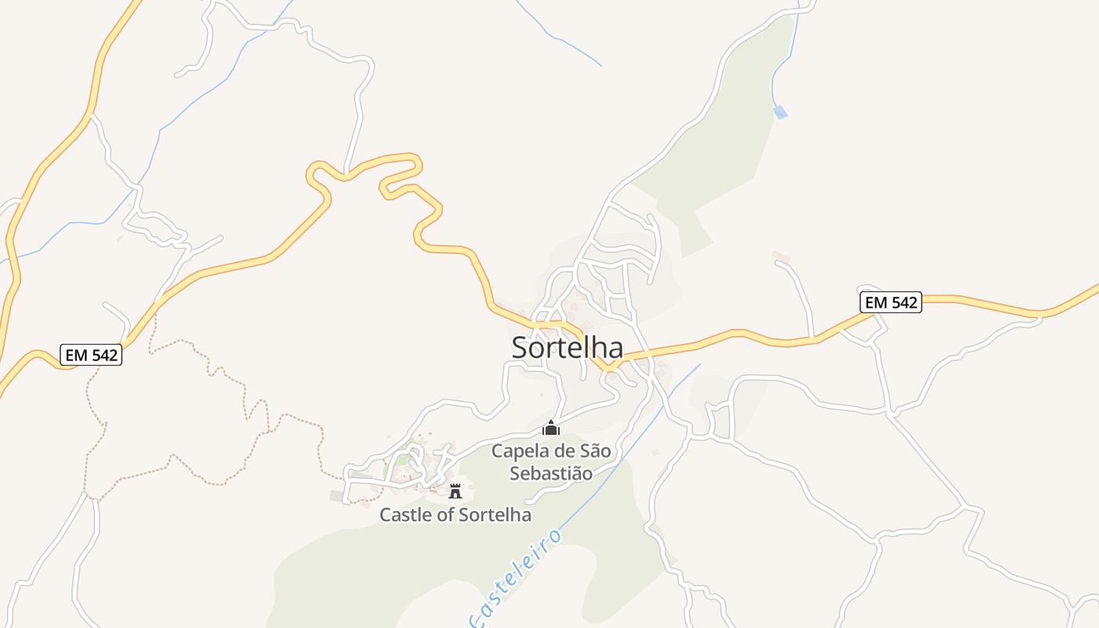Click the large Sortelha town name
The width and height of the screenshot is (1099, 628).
567,348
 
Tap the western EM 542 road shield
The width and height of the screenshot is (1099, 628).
91,356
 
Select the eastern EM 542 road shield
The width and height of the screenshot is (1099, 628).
890,302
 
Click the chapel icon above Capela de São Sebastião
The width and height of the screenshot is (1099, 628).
551,429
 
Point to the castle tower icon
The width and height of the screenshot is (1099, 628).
455,491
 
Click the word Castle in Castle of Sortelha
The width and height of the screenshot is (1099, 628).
404,515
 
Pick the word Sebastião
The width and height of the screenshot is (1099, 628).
550,473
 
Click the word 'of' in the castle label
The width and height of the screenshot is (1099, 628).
444,515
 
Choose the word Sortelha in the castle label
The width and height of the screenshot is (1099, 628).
495,515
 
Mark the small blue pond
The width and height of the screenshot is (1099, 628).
780,112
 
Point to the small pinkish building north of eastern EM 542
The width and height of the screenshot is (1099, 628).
780,256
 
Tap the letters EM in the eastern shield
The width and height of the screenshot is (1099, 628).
876,302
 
